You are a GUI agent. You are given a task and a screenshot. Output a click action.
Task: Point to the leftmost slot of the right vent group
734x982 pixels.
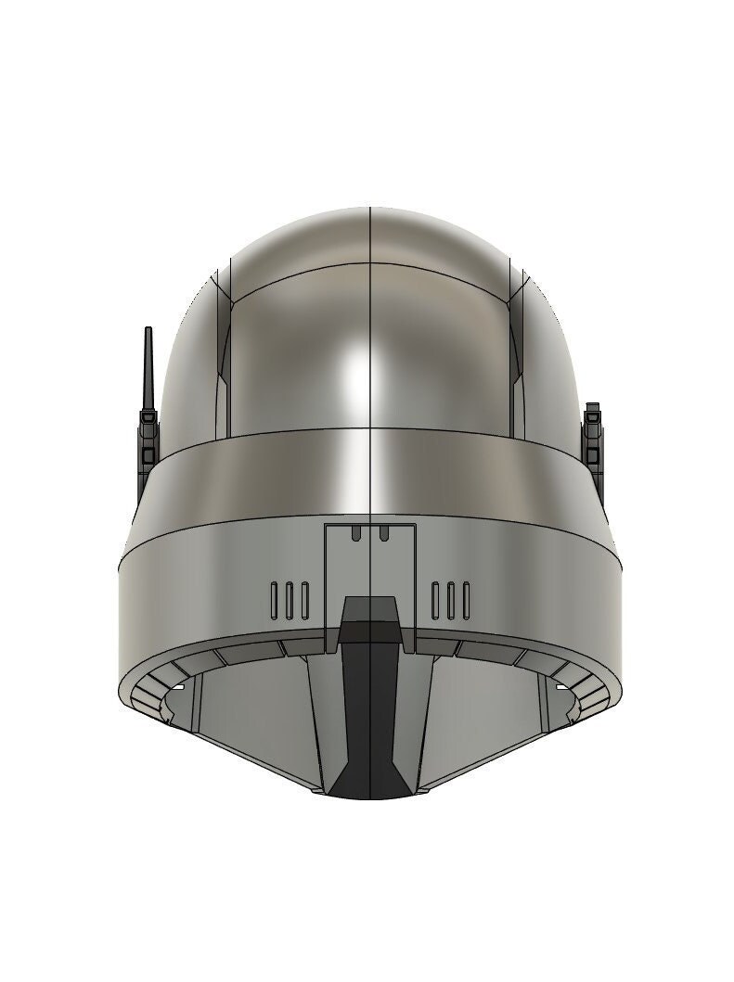(436, 600)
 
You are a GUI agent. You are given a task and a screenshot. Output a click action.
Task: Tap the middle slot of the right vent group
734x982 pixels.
(450, 600)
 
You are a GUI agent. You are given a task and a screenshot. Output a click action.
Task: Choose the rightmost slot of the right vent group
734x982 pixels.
(464, 600)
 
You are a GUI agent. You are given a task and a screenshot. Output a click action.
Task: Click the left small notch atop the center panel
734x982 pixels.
(357, 532)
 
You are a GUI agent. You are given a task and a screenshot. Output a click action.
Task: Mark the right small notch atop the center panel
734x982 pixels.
(382, 532)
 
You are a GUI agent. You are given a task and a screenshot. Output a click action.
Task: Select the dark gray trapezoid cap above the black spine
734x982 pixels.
(369, 611)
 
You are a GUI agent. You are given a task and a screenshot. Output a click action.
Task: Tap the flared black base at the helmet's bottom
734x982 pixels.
(369, 784)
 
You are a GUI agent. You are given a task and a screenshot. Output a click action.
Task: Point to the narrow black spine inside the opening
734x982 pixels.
(369, 705)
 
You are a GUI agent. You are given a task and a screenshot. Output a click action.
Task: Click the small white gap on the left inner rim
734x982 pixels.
(176, 687)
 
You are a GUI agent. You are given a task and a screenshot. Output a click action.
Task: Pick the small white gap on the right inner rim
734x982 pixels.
(562, 687)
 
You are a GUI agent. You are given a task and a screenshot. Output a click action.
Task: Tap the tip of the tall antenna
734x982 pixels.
(148, 331)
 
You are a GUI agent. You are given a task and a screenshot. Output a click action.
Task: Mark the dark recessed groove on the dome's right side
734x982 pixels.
(517, 343)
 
